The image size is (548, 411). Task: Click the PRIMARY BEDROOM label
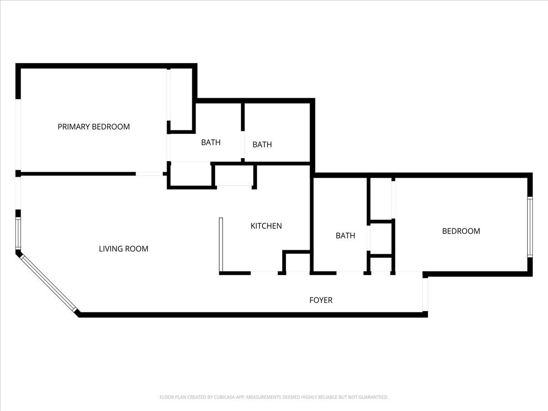point(94,127)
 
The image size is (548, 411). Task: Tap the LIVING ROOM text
point(124,249)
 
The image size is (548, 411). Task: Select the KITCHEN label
point(266,226)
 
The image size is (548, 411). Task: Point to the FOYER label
point(321,300)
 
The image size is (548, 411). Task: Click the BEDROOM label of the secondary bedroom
point(461,231)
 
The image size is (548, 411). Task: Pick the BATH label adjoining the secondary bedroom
point(345,236)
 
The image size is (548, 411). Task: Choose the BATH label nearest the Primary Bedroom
point(211,142)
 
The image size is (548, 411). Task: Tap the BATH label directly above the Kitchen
point(262,144)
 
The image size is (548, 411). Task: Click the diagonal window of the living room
point(48,283)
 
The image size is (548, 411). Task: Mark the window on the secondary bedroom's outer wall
point(530,227)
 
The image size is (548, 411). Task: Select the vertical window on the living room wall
point(18,233)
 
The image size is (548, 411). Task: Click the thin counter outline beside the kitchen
point(221,245)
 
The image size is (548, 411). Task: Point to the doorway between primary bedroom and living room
point(149,174)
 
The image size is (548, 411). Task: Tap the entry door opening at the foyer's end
point(425,295)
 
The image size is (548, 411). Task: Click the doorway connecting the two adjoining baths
point(242,144)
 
